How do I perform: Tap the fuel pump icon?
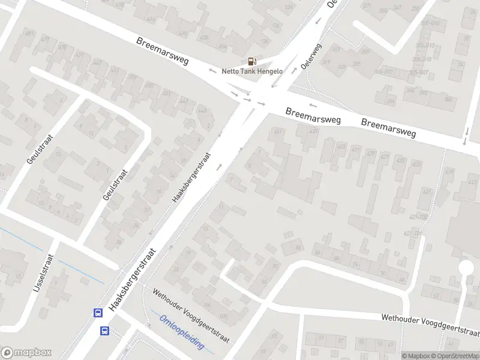point(251,61)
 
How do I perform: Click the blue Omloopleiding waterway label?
point(182,333)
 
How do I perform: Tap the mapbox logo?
point(26,353)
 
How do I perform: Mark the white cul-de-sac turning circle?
point(466,267)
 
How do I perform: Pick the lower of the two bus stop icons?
point(104,331)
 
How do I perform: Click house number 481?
point(29,34)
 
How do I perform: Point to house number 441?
point(277,132)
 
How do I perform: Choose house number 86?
point(298,247)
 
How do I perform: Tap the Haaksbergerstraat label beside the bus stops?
point(131,280)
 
